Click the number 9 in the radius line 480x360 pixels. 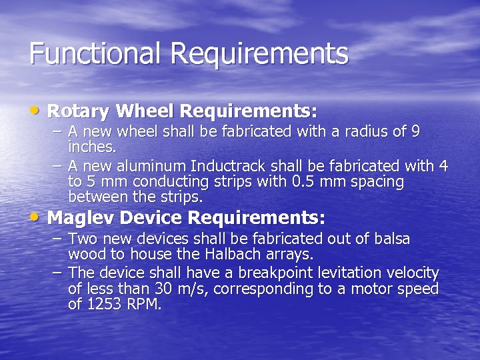pos(415,131)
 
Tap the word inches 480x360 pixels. pos(91,145)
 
